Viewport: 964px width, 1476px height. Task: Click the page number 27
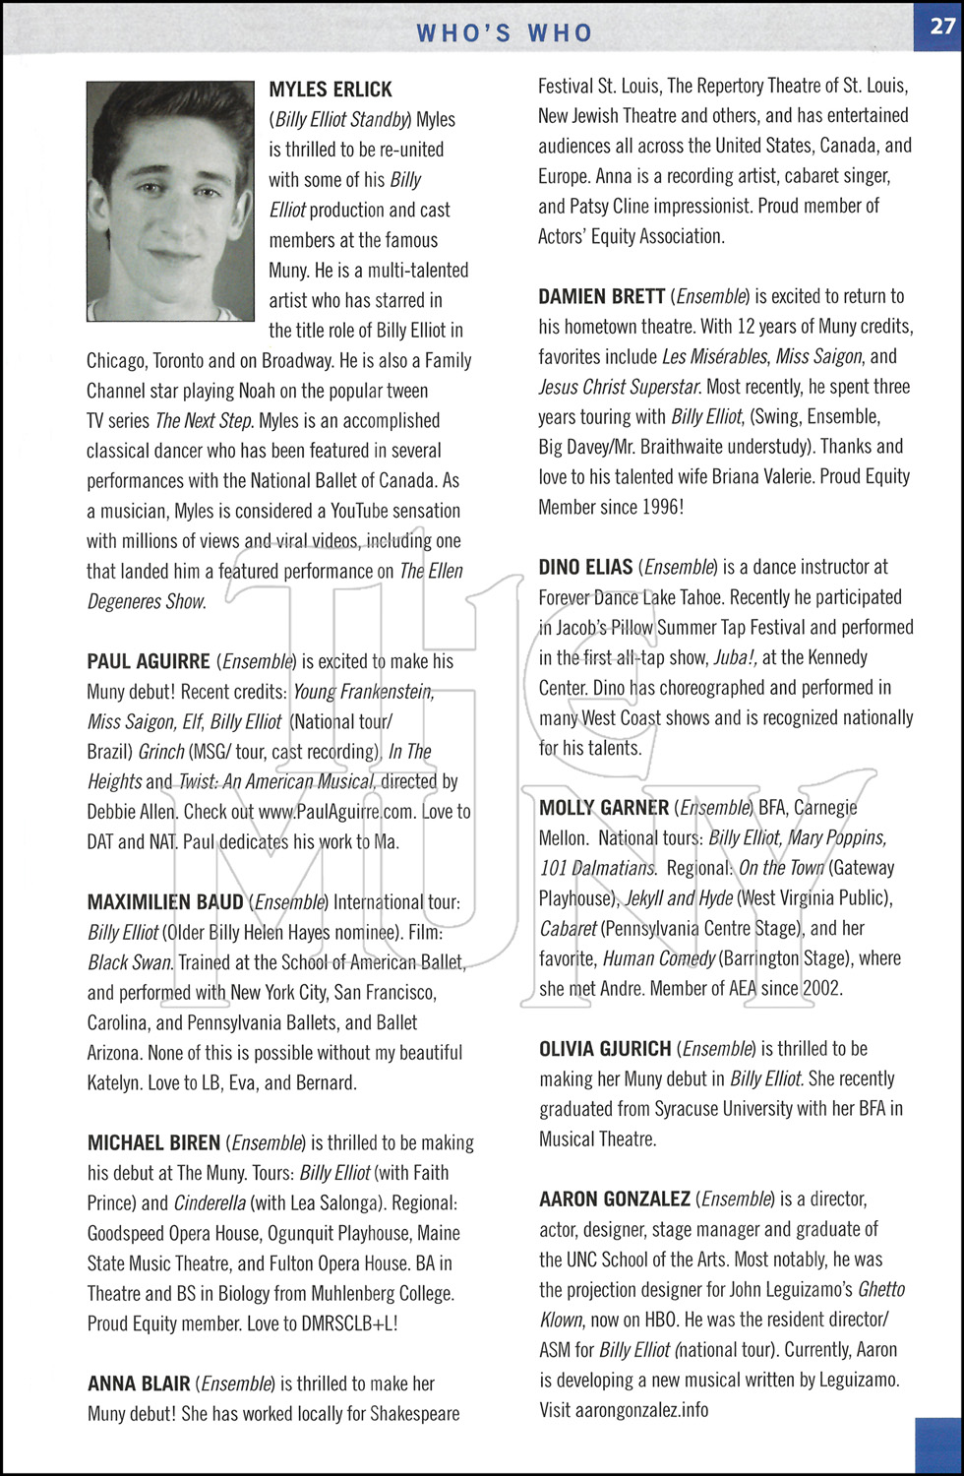tap(941, 27)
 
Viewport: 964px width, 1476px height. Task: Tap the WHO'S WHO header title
tap(505, 32)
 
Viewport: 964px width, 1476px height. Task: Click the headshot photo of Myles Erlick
tap(170, 201)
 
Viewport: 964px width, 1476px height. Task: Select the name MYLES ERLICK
tap(331, 90)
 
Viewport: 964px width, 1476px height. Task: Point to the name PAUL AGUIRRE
tap(149, 661)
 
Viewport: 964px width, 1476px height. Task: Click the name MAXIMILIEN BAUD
tap(165, 902)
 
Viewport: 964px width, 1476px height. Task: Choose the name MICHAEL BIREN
tap(153, 1143)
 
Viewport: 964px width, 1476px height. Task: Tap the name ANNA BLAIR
tap(139, 1384)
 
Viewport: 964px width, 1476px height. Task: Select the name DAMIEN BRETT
tap(601, 296)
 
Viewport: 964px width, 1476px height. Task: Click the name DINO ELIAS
tap(585, 567)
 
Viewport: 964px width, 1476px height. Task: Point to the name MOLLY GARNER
tap(604, 808)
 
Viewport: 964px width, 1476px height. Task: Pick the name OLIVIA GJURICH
tap(605, 1049)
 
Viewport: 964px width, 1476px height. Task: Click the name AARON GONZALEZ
tap(615, 1199)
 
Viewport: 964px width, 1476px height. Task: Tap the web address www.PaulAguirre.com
tap(335, 813)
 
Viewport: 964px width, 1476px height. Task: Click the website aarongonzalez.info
tap(624, 1410)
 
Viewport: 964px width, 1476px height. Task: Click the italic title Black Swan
tap(130, 962)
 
